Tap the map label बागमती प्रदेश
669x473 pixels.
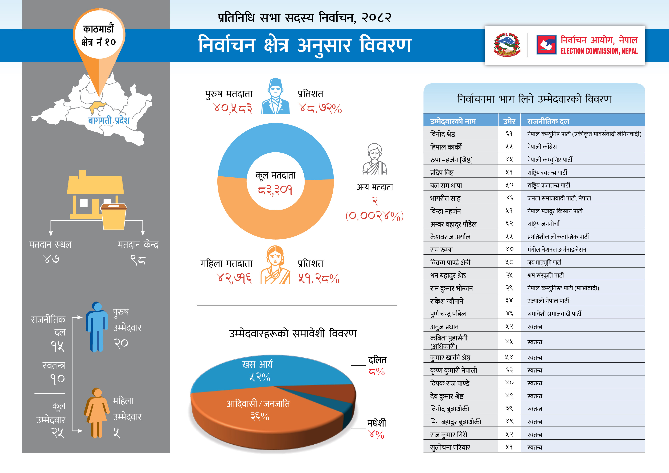(109, 120)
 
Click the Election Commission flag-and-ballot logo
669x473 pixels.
(546, 45)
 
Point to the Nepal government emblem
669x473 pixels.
(507, 45)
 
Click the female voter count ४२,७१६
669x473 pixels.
(235, 278)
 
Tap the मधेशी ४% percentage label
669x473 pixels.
(376, 434)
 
